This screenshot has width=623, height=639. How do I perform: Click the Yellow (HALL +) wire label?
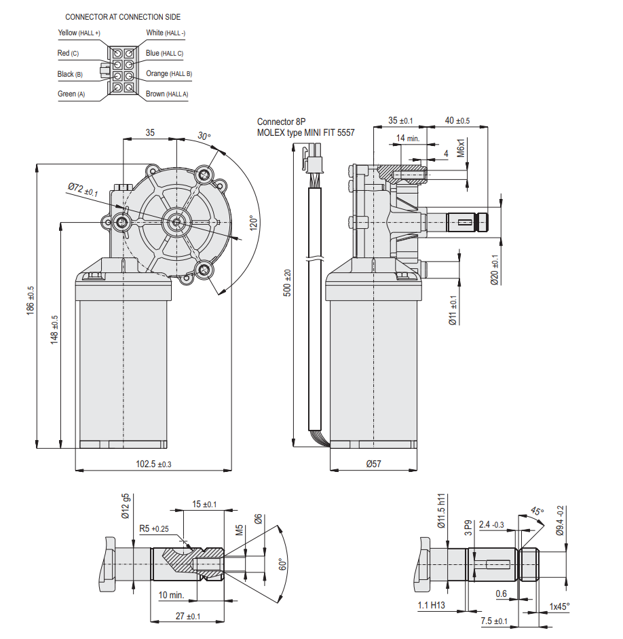tap(79, 33)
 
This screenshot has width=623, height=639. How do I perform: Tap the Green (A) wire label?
tap(72, 94)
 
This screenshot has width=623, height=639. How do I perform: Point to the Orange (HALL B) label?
tap(169, 73)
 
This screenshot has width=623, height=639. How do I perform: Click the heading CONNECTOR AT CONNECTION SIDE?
tap(123, 16)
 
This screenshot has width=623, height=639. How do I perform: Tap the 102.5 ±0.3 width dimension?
tap(154, 464)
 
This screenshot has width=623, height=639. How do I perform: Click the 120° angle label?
tap(252, 224)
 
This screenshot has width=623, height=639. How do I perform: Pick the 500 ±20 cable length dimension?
tap(288, 282)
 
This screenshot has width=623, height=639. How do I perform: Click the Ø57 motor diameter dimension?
tap(374, 464)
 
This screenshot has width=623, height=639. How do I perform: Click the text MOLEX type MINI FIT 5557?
tap(305, 133)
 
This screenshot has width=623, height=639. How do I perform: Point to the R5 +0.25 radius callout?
tap(154, 528)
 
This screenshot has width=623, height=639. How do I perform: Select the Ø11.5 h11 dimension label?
tap(441, 511)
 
